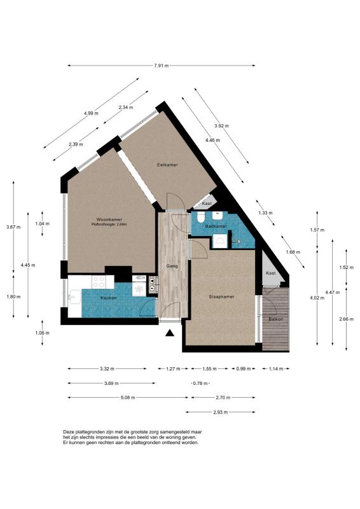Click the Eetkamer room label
[167, 165]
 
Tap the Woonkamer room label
[109, 220]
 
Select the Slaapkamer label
[222, 296]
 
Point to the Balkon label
[276, 319]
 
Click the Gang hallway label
[172, 266]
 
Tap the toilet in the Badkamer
[200, 216]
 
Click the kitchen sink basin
[75, 297]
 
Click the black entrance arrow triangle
[169, 333]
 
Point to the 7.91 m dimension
[162, 66]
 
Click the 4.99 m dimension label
[91, 113]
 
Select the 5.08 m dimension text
[128, 398]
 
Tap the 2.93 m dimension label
[221, 412]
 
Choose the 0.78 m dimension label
[200, 384]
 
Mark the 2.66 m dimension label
[346, 319]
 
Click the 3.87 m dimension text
[13, 227]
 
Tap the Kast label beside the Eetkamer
[207, 204]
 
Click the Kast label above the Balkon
[271, 274]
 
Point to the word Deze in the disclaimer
[69, 432]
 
